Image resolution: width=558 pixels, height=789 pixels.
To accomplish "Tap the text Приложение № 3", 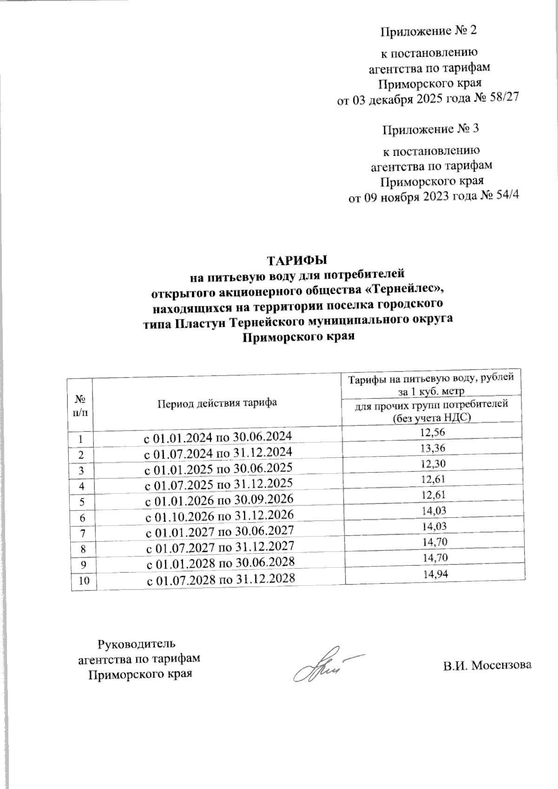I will click(430, 129).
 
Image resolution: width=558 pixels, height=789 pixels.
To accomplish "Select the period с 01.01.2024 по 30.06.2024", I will click(217, 437).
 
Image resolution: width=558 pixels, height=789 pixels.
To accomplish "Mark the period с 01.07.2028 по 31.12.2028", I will click(221, 579).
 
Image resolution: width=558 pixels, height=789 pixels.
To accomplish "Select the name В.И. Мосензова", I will click(486, 665).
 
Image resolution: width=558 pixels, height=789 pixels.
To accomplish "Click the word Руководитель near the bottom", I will click(136, 644).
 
